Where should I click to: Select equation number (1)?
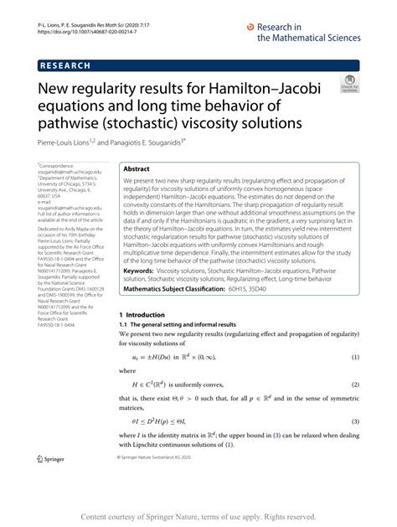pyautogui.click(x=353, y=357)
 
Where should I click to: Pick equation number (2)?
pyautogui.click(x=353, y=384)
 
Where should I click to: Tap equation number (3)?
pyautogui.click(x=353, y=421)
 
